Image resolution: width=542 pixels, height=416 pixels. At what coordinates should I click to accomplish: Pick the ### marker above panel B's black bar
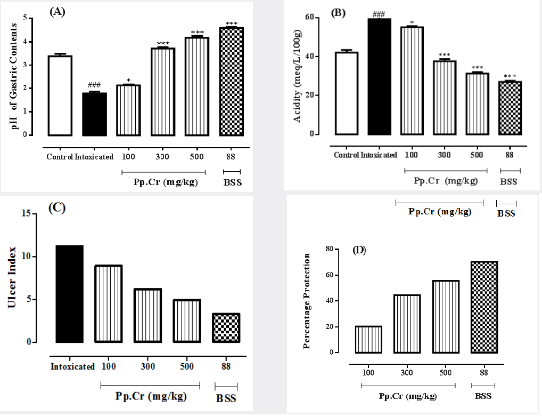379,13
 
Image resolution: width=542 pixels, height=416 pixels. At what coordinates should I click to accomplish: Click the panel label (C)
56,208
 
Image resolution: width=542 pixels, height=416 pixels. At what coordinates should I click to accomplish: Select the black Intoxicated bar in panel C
70,293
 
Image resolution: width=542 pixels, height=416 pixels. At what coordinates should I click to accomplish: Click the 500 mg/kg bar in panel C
186,321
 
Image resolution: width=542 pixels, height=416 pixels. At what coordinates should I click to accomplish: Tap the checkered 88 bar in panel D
483,307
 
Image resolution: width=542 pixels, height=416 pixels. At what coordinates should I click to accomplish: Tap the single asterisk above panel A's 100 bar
128,81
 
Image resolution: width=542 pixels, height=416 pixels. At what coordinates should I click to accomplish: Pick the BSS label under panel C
226,398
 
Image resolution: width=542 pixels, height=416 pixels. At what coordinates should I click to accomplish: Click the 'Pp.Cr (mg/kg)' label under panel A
163,181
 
